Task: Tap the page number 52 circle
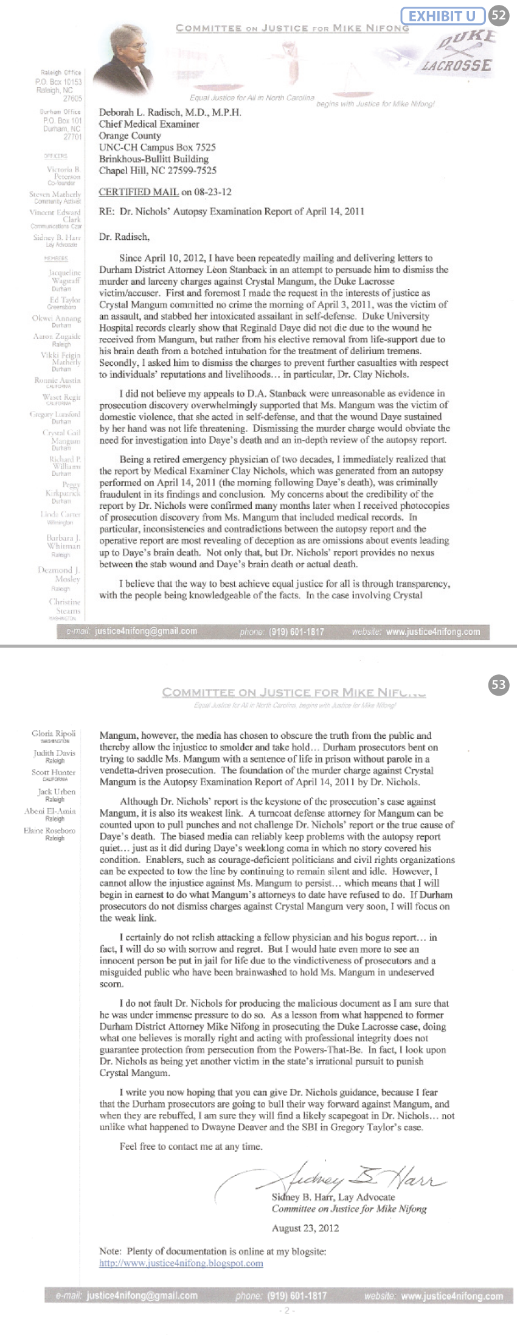(x=498, y=15)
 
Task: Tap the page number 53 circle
(x=498, y=685)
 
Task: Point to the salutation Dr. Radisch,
(x=123, y=237)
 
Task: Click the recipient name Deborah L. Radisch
(x=170, y=113)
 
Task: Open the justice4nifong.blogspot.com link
(x=181, y=1263)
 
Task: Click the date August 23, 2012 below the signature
(x=305, y=1228)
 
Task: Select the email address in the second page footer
(x=142, y=1296)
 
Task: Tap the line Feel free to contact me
(x=191, y=1147)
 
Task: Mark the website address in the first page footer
(x=432, y=632)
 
